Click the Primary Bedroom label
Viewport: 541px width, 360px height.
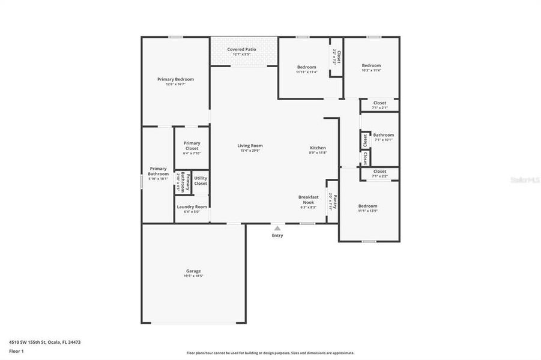coord(175,79)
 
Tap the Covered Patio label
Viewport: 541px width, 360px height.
coord(241,49)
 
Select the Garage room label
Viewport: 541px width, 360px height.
coord(193,271)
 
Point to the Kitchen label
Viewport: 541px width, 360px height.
coord(318,148)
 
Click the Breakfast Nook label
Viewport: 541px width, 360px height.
coord(308,199)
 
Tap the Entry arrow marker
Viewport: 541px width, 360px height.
coord(277,228)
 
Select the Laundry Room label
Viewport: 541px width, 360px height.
coord(192,207)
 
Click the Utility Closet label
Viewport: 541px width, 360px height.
coord(201,181)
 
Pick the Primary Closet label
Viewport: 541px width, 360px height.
coord(192,145)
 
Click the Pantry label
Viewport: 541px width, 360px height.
coord(335,200)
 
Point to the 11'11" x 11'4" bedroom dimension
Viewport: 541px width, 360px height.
coord(306,72)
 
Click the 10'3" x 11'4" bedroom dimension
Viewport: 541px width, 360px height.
coord(371,70)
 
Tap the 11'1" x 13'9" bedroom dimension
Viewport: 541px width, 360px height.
coord(367,211)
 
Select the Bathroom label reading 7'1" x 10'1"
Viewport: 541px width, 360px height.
coord(383,135)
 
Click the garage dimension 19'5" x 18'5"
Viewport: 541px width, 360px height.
coord(193,276)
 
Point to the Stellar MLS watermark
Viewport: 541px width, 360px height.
coord(524,179)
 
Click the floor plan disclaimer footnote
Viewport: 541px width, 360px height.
coord(270,353)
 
